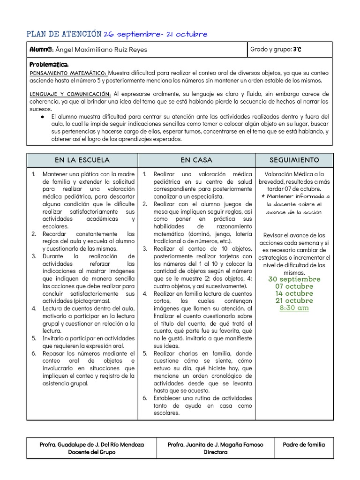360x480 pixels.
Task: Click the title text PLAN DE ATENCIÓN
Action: (x=64, y=34)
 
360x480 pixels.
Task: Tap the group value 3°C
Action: (x=297, y=49)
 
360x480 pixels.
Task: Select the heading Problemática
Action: (x=49, y=64)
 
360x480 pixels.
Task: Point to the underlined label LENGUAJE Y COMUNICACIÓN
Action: (x=70, y=94)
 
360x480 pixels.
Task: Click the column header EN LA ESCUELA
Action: (x=82, y=160)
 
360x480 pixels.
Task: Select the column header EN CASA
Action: (x=196, y=160)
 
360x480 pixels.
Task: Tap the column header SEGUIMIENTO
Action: (x=294, y=160)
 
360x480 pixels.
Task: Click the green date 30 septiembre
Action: (x=294, y=279)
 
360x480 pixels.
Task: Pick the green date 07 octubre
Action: (x=294, y=286)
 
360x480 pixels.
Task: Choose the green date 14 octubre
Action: (x=294, y=293)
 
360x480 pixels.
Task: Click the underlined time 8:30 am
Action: (x=294, y=308)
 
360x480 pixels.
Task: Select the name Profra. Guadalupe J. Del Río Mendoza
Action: (x=91, y=444)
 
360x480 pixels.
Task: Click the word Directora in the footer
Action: (x=215, y=452)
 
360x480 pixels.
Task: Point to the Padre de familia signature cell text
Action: (x=304, y=444)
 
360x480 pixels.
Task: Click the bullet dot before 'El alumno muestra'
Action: (x=42, y=117)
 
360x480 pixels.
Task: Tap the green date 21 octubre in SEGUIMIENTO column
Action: (x=294, y=300)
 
